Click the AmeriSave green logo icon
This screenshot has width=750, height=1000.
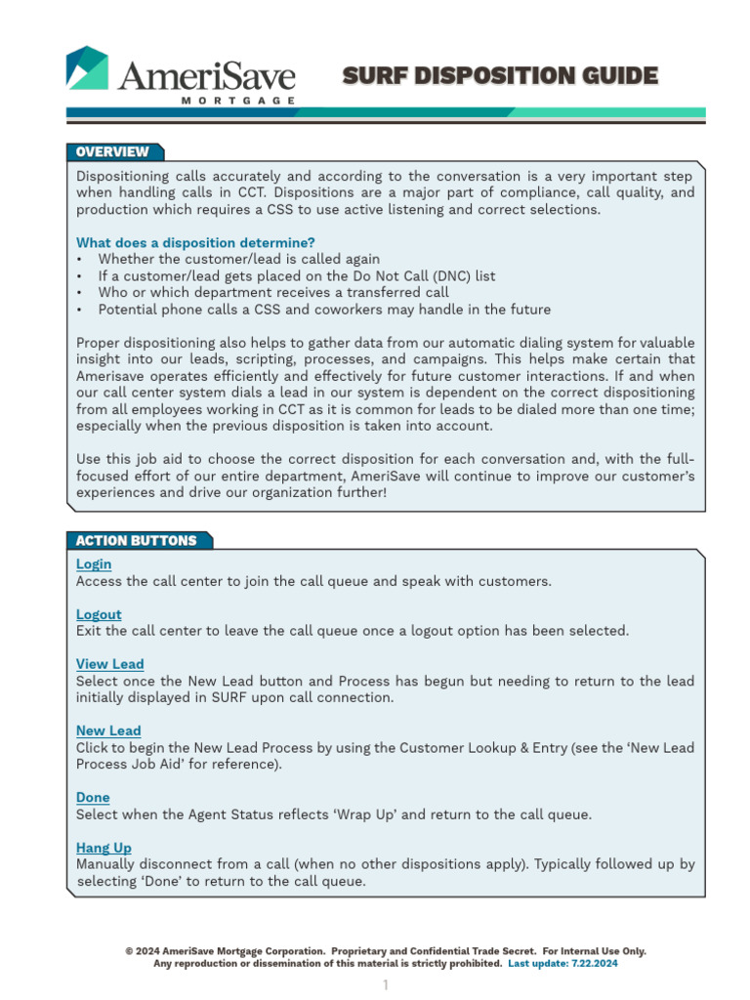click(87, 67)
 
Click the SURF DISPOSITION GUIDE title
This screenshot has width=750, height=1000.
click(500, 75)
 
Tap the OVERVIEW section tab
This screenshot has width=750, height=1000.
click(112, 152)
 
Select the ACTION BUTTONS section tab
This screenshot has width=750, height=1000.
click(136, 541)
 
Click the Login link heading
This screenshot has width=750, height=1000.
click(94, 564)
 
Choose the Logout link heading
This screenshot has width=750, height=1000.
click(99, 614)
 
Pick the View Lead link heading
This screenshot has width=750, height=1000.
click(109, 664)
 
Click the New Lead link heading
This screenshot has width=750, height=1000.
click(108, 730)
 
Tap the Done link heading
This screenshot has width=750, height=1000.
click(93, 797)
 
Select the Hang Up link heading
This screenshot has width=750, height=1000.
click(104, 848)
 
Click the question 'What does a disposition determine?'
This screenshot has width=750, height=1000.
click(195, 242)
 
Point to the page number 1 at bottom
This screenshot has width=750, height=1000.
click(386, 984)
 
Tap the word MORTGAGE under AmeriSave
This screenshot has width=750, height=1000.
click(238, 101)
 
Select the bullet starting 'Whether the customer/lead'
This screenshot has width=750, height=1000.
click(238, 260)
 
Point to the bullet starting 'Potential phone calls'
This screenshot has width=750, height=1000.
click(324, 310)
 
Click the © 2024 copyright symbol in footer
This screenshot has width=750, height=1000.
click(129, 951)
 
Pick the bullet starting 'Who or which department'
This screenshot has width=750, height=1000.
click(273, 293)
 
